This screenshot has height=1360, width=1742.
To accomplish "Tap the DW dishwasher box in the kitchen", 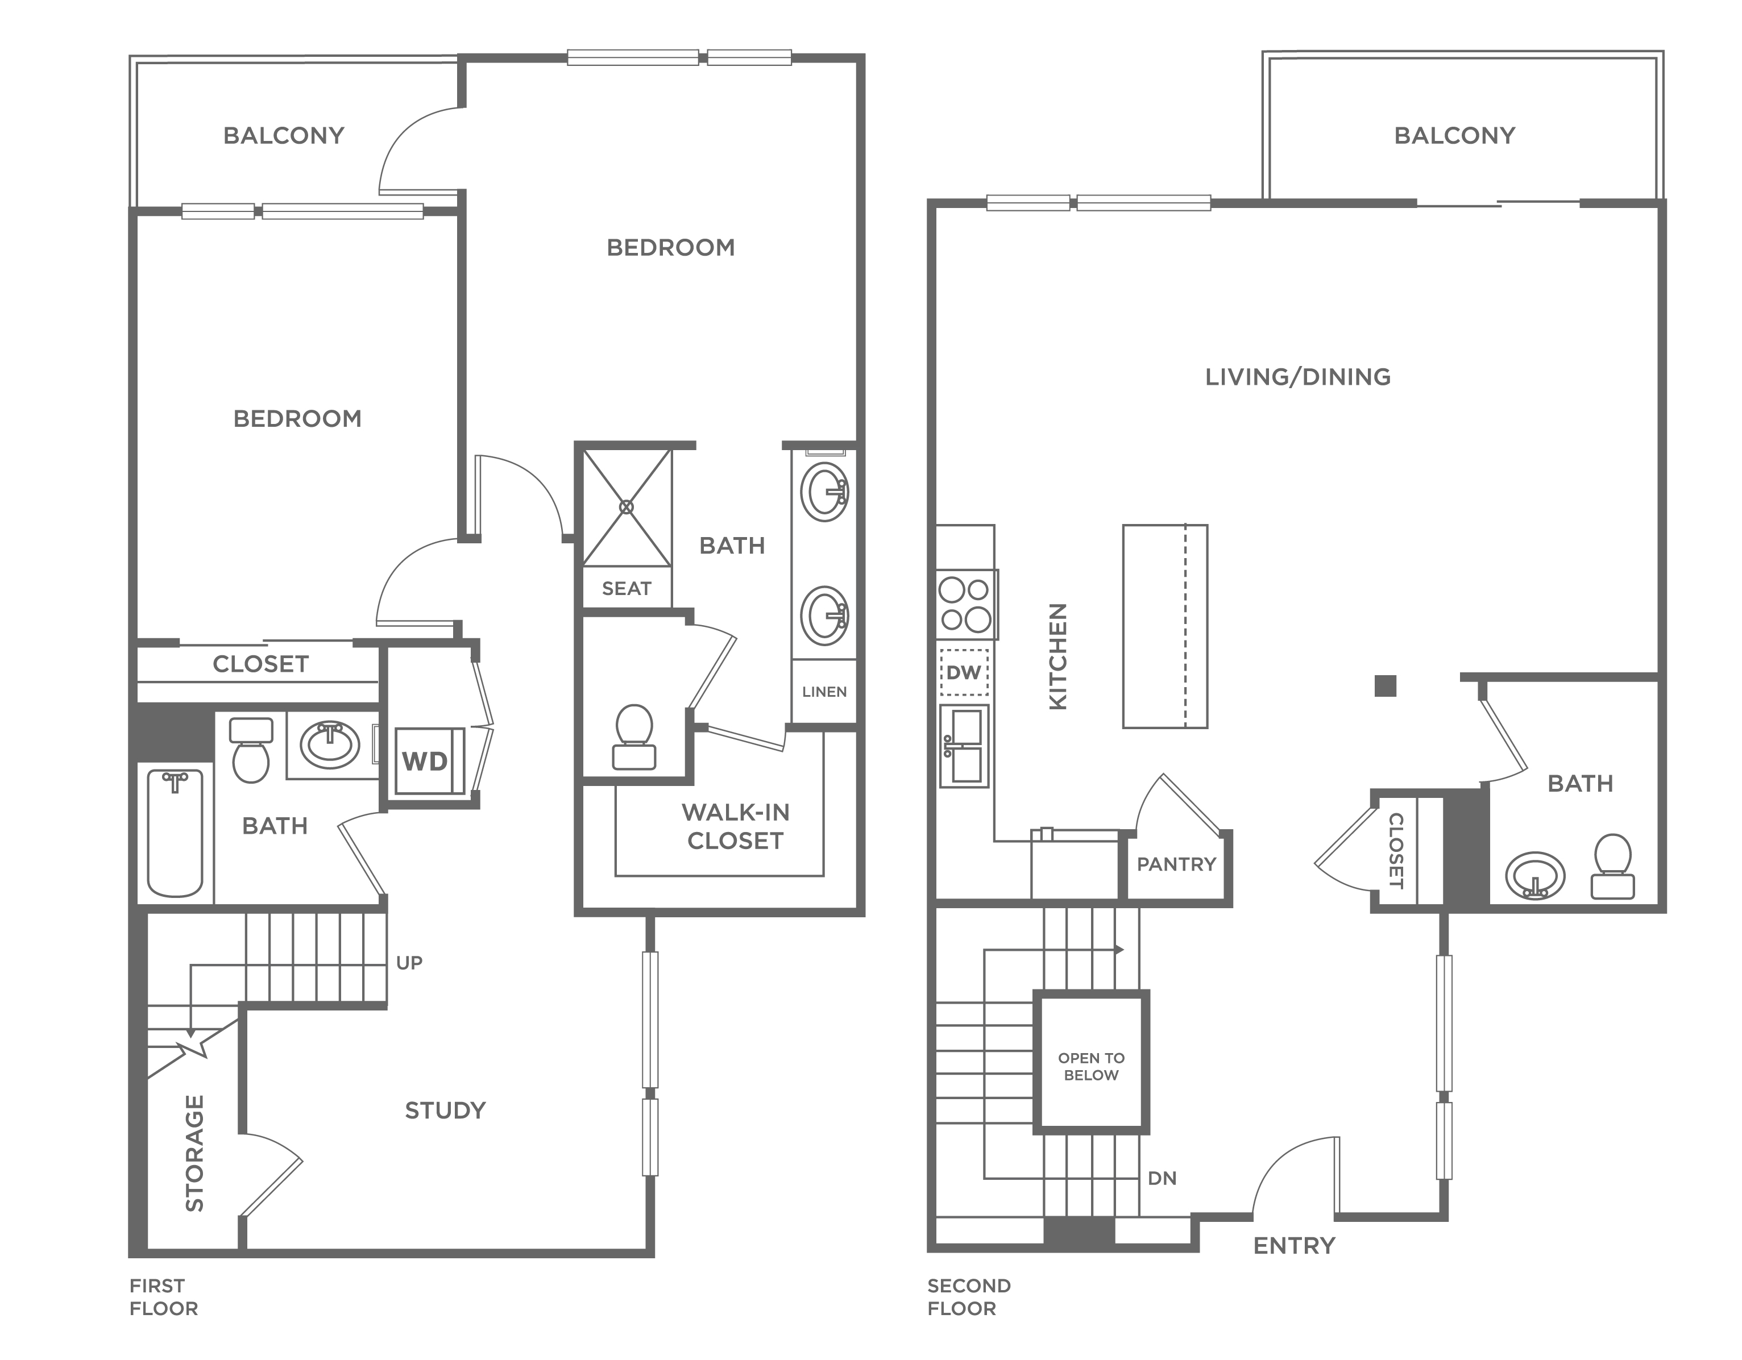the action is pyautogui.click(x=964, y=672).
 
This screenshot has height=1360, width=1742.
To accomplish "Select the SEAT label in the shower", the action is pyautogui.click(x=627, y=588).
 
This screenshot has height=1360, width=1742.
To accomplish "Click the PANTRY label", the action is pyautogui.click(x=1176, y=864).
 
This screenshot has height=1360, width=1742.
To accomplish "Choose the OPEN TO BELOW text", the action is pyautogui.click(x=1091, y=1067).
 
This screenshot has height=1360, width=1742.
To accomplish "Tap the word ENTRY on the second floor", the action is pyautogui.click(x=1294, y=1245).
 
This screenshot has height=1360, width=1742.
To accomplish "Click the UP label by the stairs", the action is pyautogui.click(x=409, y=963).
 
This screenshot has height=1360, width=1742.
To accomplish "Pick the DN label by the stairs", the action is pyautogui.click(x=1162, y=1178).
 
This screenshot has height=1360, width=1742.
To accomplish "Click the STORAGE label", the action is pyautogui.click(x=194, y=1153).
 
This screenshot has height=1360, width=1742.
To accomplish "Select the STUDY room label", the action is pyautogui.click(x=445, y=1111).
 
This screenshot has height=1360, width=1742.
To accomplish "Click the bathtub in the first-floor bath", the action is pyautogui.click(x=175, y=833).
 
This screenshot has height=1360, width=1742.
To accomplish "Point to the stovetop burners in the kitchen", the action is pyautogui.click(x=966, y=604).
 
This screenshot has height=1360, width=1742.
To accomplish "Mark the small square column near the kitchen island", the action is pyautogui.click(x=1386, y=685).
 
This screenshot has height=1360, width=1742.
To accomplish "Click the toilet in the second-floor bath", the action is pyautogui.click(x=1612, y=867).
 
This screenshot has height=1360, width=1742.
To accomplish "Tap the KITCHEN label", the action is pyautogui.click(x=1057, y=656).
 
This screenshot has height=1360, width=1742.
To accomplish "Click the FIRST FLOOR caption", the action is pyautogui.click(x=164, y=1297).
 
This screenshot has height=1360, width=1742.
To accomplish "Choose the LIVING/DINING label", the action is pyautogui.click(x=1298, y=377).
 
